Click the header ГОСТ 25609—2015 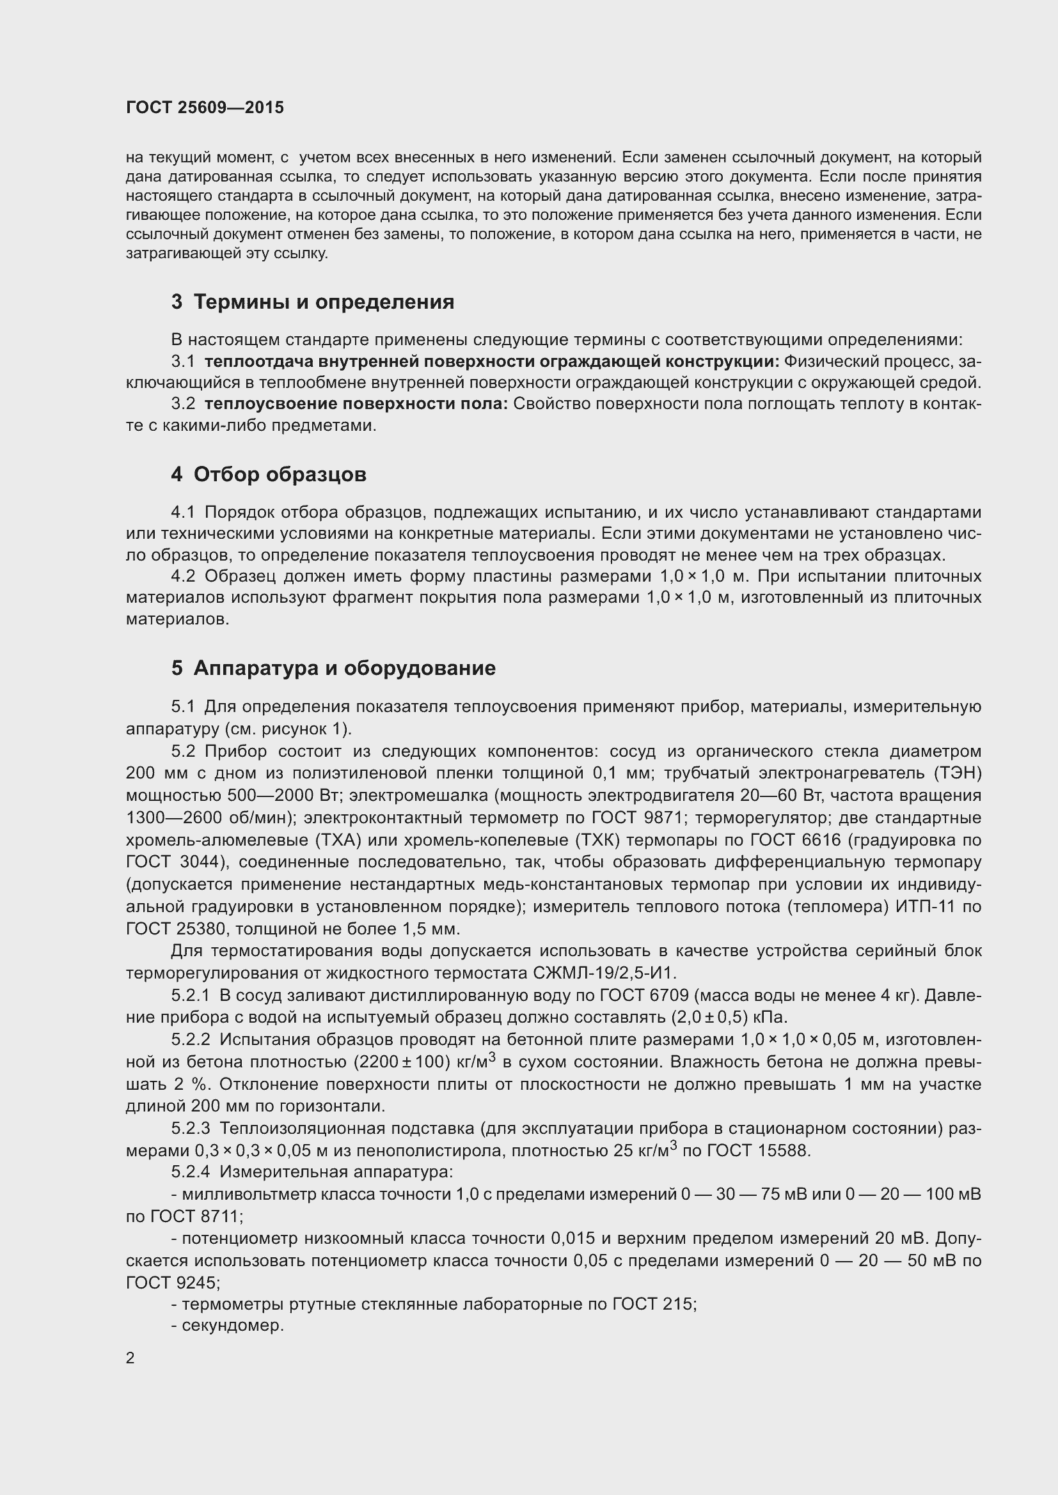205,107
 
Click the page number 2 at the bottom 130,1358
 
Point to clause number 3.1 183,361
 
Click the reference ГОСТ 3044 175,862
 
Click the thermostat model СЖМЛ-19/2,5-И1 605,973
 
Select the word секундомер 233,1325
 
